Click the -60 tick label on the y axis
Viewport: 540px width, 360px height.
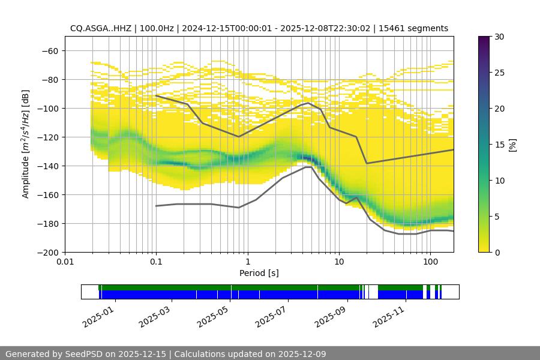pyautogui.click(x=50, y=50)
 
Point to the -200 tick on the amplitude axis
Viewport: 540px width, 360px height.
pyautogui.click(x=48, y=252)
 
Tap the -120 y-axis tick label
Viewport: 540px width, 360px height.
pyautogui.click(x=48, y=137)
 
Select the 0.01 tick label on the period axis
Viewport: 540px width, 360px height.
pyautogui.click(x=65, y=262)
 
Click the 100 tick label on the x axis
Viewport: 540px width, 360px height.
pyautogui.click(x=430, y=262)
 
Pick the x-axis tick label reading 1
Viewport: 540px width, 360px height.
pyautogui.click(x=247, y=262)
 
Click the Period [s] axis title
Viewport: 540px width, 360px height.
pyautogui.click(x=259, y=273)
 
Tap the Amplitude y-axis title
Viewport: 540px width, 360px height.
pyautogui.click(x=26, y=144)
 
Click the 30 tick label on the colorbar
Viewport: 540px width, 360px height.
pyautogui.click(x=498, y=37)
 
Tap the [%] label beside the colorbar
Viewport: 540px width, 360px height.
pyautogui.click(x=512, y=144)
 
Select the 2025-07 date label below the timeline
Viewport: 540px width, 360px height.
pyautogui.click(x=272, y=314)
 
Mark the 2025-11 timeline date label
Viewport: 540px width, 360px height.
pyautogui.click(x=389, y=314)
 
